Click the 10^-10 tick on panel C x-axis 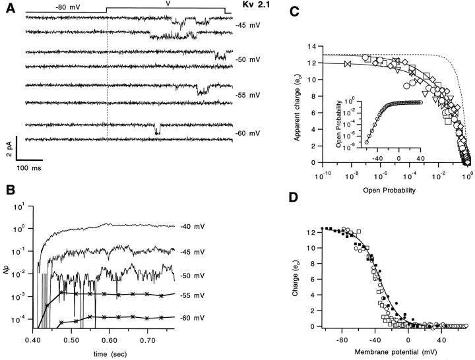[321, 176]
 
